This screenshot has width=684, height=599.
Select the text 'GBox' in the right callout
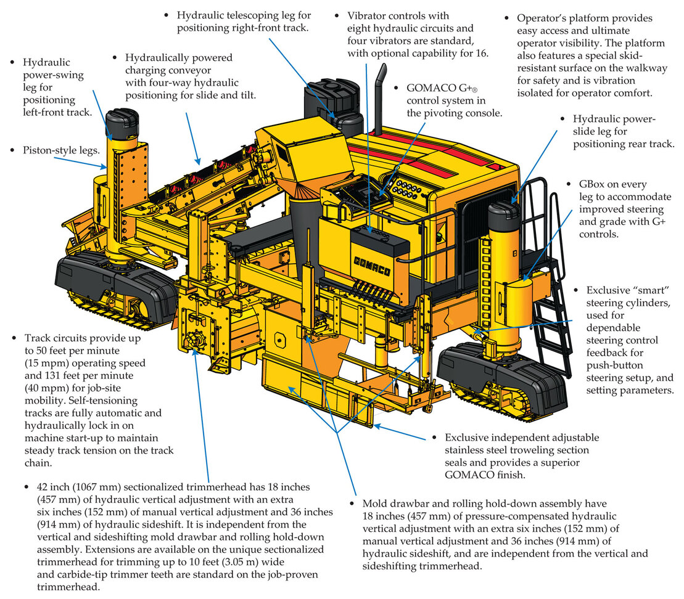[x=587, y=185]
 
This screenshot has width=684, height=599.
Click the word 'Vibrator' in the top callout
[x=368, y=15]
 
